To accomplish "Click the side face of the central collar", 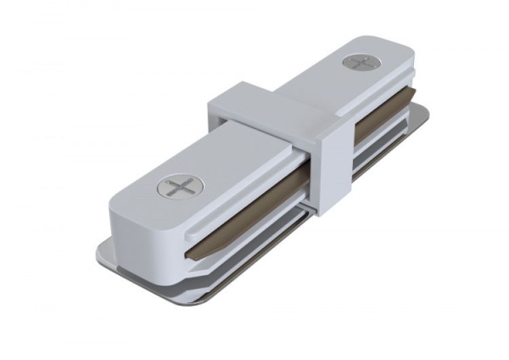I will click(334, 170).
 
